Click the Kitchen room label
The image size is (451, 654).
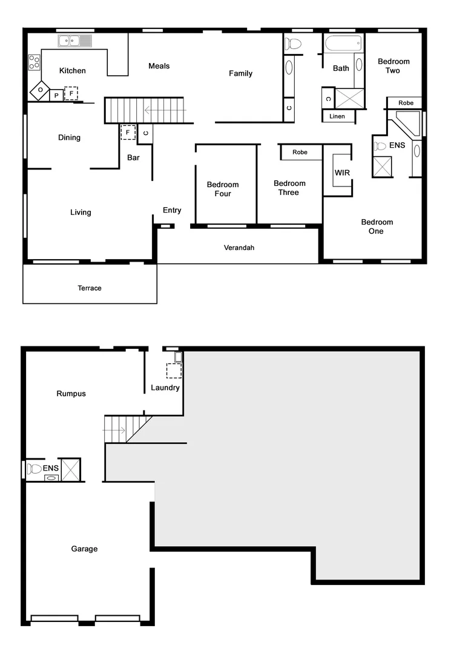click(72, 71)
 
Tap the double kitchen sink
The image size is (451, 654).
click(74, 41)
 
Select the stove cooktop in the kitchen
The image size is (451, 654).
click(34, 62)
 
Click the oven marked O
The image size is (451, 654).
click(40, 91)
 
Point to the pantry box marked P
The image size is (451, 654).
click(56, 96)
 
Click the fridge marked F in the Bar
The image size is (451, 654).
click(128, 132)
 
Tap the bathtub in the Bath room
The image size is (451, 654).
click(343, 44)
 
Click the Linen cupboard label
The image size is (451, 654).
click(338, 116)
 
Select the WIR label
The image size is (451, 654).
click(342, 173)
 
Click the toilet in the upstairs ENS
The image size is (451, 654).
click(380, 146)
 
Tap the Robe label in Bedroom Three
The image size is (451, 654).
click(300, 153)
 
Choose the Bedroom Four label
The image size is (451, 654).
click(223, 189)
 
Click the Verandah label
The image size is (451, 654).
click(239, 248)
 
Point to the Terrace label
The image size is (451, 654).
click(90, 288)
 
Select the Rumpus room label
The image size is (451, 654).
click(71, 394)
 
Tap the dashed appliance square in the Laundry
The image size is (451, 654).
click(174, 371)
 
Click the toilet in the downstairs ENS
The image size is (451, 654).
click(35, 469)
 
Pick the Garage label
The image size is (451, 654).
click(84, 549)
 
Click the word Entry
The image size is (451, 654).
click(172, 210)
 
